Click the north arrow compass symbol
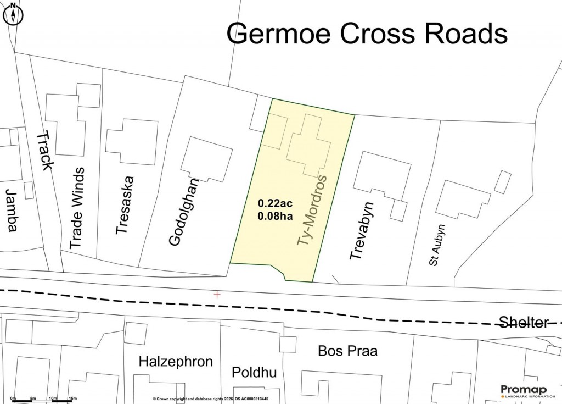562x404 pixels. [13, 13]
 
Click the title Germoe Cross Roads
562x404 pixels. [367, 34]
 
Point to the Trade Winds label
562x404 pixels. [77, 208]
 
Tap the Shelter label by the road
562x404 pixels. [523, 322]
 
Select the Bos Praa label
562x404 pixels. [348, 351]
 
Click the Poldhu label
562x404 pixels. [254, 373]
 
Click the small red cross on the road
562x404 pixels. [217, 295]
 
